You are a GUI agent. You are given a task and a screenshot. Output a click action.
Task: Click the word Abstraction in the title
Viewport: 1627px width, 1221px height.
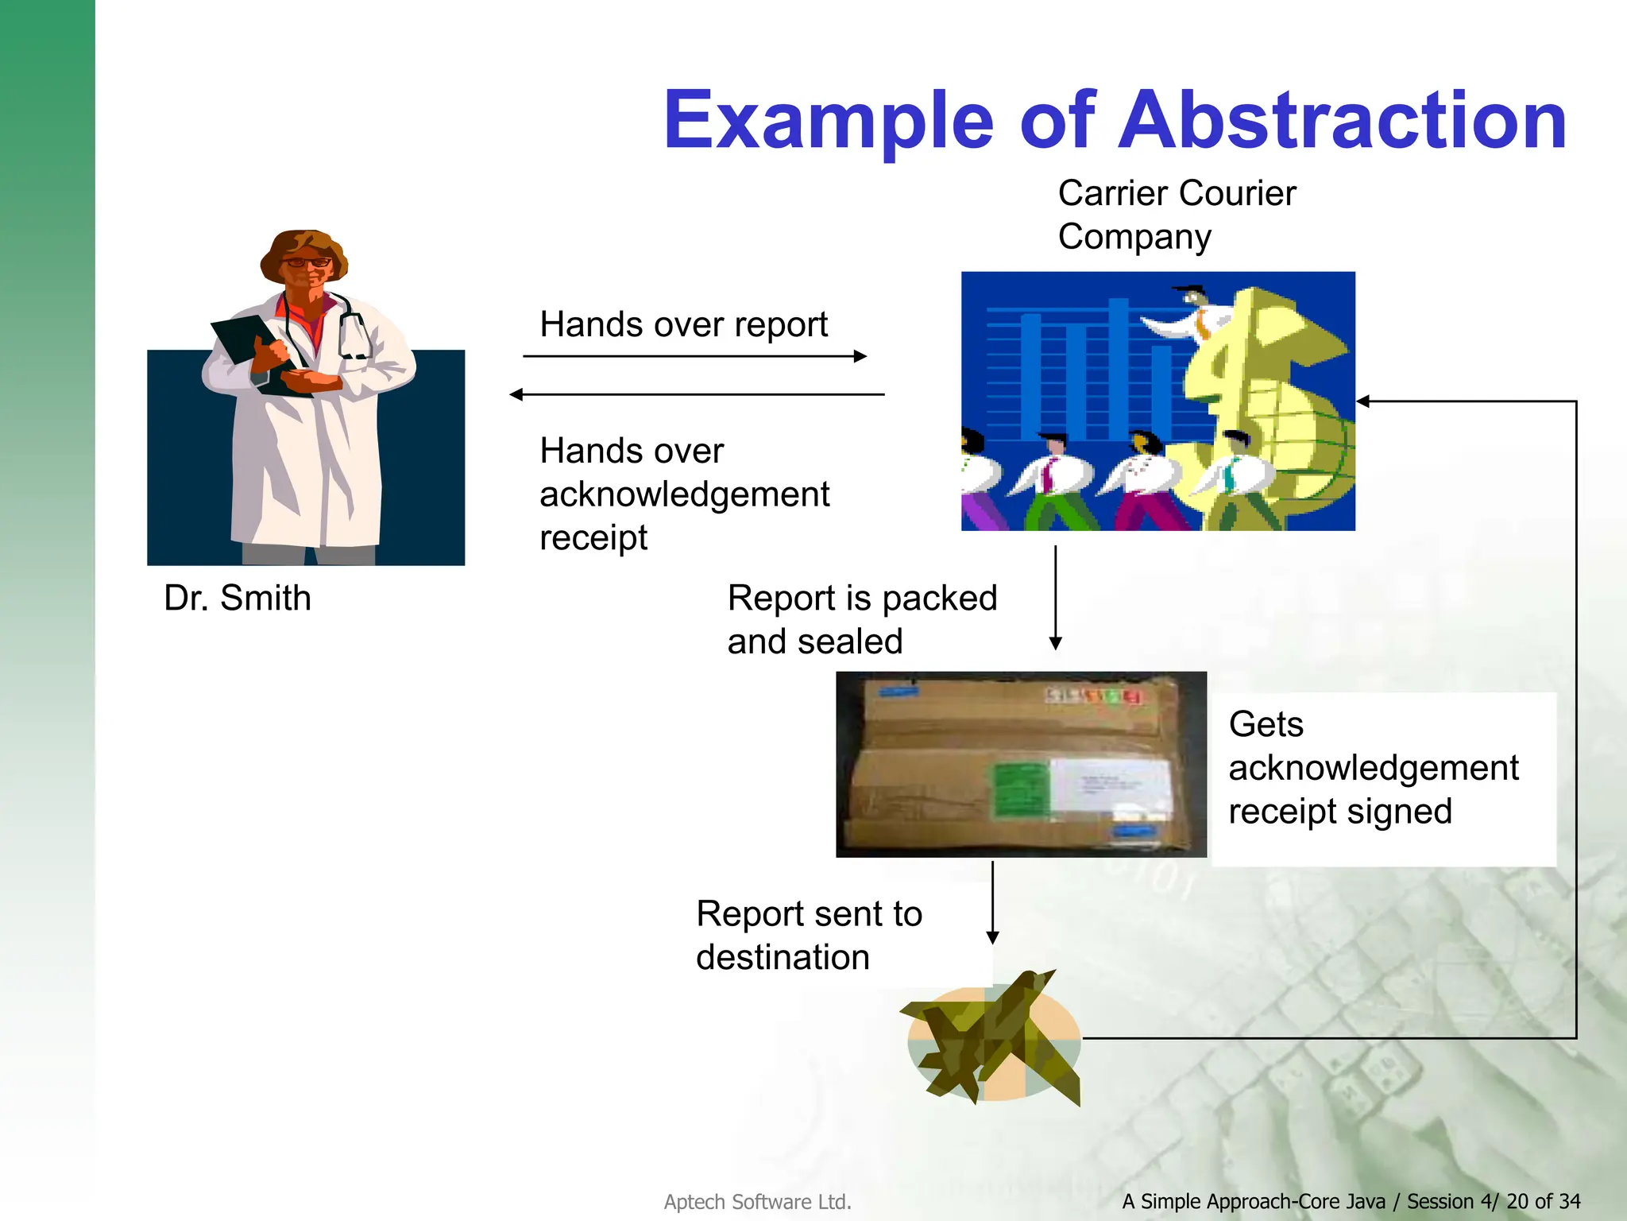(x=1343, y=121)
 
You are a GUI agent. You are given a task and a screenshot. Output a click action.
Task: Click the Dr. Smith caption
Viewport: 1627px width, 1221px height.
(x=237, y=598)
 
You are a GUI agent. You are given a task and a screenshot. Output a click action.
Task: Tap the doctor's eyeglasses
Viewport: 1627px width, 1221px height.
(x=307, y=262)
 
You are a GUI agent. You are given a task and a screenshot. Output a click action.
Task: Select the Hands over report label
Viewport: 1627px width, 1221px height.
(x=683, y=324)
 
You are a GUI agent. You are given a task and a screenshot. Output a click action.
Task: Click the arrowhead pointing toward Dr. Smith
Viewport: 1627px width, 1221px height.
(x=516, y=394)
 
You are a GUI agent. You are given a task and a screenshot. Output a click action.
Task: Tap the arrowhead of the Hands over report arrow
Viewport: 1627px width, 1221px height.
(x=860, y=356)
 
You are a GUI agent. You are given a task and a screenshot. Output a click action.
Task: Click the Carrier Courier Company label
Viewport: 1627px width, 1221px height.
(x=1176, y=215)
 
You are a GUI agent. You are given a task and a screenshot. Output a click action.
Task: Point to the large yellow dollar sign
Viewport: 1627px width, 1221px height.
(x=1263, y=397)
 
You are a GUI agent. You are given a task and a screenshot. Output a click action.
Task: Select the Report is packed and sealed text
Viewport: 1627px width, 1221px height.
(x=861, y=619)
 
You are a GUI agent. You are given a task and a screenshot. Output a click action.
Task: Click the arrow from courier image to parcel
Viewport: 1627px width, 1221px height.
(x=1056, y=596)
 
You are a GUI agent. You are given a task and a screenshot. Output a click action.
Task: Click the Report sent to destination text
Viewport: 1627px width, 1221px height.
(x=809, y=935)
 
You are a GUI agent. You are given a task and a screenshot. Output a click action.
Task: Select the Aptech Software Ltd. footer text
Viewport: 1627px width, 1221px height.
(x=757, y=1202)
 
